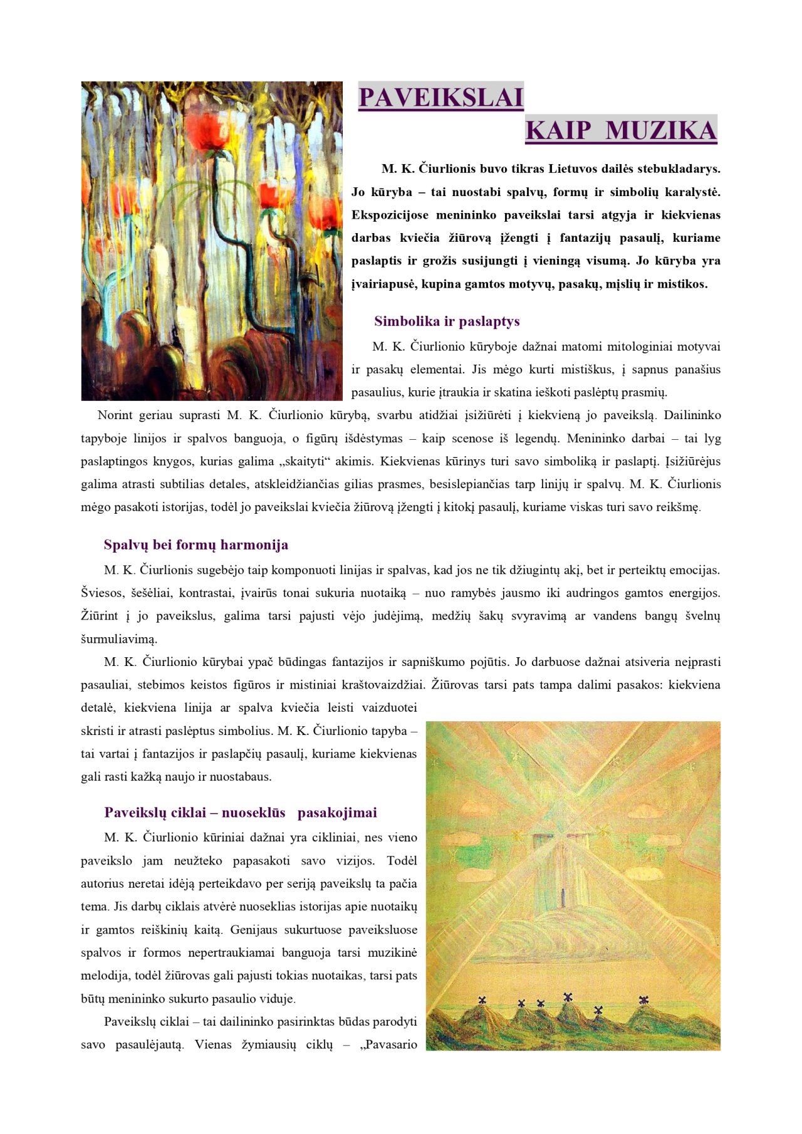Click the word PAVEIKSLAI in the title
[440, 98]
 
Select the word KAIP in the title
[558, 130]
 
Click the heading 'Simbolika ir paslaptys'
[447, 321]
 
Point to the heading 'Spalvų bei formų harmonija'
[196, 544]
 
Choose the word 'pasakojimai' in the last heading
[337, 813]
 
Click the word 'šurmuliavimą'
[119, 640]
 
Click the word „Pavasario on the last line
[388, 1044]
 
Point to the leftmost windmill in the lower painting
[482, 1001]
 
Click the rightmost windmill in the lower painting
[643, 999]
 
